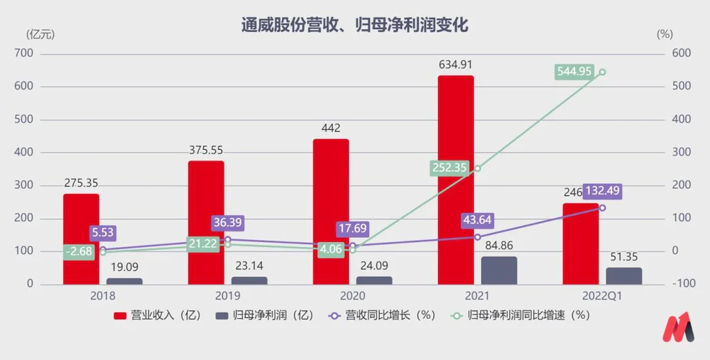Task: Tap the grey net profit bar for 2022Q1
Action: tap(623, 276)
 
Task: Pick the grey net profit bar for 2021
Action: tap(499, 271)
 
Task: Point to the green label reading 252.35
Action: tap(452, 168)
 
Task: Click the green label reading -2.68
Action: tap(79, 252)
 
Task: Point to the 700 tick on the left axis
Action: tap(24, 53)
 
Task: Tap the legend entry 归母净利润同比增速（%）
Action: tap(519, 315)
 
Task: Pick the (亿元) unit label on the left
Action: tap(39, 33)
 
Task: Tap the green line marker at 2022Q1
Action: tap(602, 72)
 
